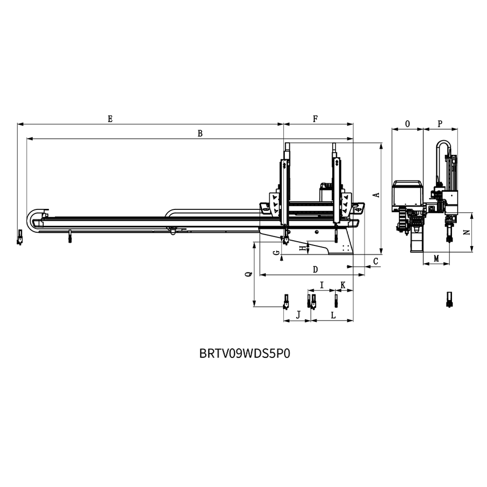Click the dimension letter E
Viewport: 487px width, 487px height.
pyautogui.click(x=110, y=119)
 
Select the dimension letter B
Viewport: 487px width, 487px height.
pyautogui.click(x=200, y=133)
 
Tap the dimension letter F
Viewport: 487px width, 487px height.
pyautogui.click(x=315, y=119)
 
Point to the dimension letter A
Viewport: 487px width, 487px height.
pyautogui.click(x=376, y=195)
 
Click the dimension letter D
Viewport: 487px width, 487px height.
pyautogui.click(x=315, y=269)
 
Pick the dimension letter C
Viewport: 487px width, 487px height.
pyautogui.click(x=375, y=261)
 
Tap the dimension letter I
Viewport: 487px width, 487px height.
pyautogui.click(x=322, y=285)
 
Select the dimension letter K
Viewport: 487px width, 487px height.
pyautogui.click(x=343, y=285)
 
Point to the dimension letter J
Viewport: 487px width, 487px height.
pyautogui.click(x=299, y=315)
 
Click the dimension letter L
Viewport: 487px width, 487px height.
pyautogui.click(x=333, y=315)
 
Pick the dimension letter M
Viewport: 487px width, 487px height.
pyautogui.click(x=436, y=259)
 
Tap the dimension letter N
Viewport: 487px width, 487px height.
pyautogui.click(x=467, y=232)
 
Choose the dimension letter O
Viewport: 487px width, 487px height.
pyautogui.click(x=408, y=124)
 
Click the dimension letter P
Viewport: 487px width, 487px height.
pyautogui.click(x=440, y=124)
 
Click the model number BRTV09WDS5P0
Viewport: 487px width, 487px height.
pyautogui.click(x=245, y=354)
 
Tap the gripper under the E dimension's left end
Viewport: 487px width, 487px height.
pyautogui.click(x=20, y=237)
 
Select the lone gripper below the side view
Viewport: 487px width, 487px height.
pyautogui.click(x=449, y=300)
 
